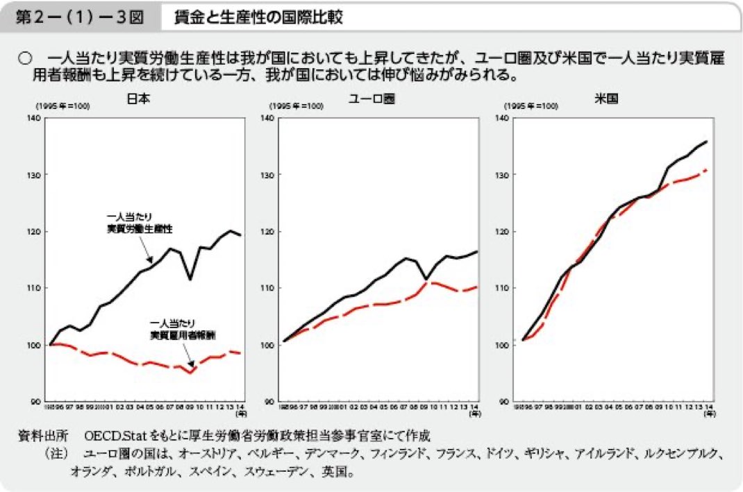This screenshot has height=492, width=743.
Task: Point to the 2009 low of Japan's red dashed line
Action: pyautogui.click(x=191, y=373)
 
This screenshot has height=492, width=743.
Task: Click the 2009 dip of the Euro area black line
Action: pyautogui.click(x=426, y=279)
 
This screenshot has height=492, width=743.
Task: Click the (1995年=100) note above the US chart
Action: pyautogui.click(x=531, y=106)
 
